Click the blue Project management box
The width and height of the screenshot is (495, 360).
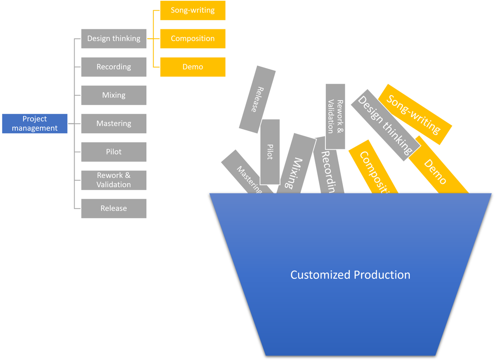(35, 124)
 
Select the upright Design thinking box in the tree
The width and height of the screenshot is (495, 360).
(114, 39)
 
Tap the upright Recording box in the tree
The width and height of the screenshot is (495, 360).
(114, 67)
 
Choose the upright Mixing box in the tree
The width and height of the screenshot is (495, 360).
(114, 95)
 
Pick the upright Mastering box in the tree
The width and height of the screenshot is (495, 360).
(114, 123)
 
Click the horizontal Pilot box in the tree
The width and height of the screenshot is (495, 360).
(114, 152)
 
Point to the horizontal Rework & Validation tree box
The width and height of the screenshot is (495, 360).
(114, 180)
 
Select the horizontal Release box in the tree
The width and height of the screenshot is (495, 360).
(114, 208)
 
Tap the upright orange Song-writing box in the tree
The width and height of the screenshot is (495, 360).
(193, 10)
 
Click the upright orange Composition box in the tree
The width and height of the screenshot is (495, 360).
(193, 39)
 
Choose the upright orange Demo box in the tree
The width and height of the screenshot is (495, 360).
(193, 67)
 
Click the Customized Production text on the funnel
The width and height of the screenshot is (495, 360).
(350, 275)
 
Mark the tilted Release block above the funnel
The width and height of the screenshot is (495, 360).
(257, 99)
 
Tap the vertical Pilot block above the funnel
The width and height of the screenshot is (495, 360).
(270, 152)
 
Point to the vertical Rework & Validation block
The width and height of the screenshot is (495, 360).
(335, 116)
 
